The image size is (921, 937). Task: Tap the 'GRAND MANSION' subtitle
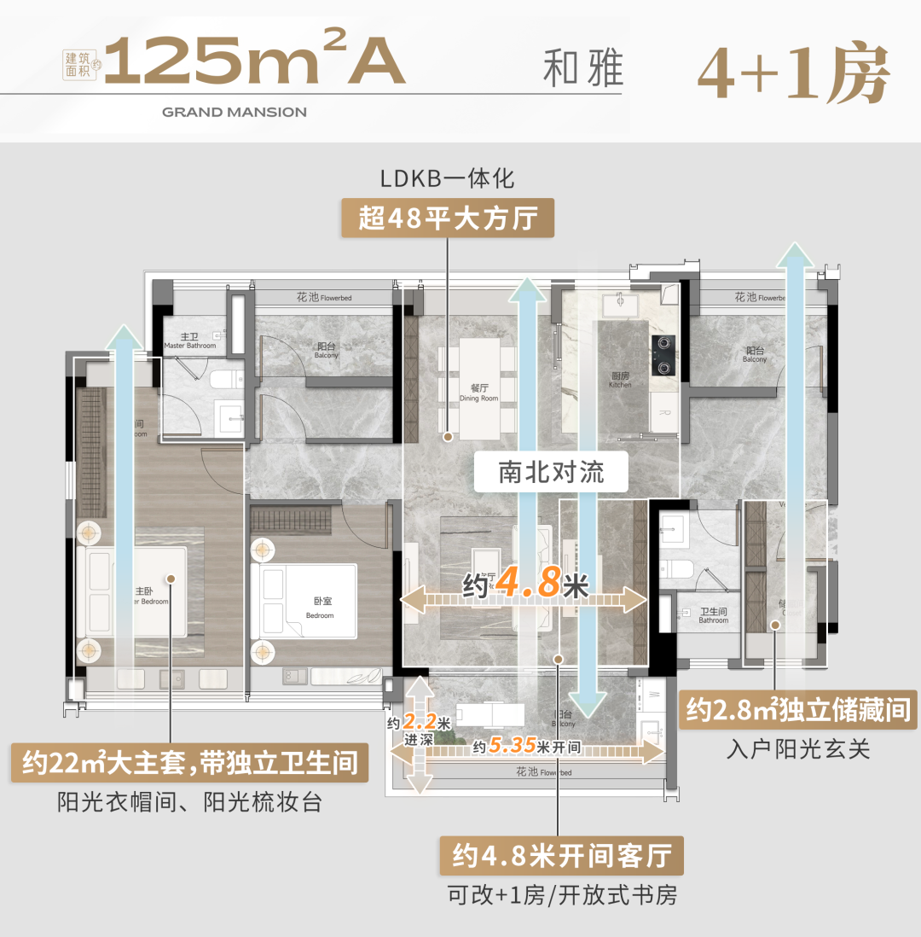point(234,112)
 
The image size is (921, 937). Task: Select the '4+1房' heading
point(794,73)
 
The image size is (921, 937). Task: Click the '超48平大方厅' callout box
point(448,218)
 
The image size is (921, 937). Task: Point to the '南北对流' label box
point(551,472)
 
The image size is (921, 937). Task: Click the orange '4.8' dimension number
point(528,584)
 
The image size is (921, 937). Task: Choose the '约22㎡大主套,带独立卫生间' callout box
point(189,762)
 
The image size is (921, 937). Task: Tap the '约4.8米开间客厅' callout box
point(561,855)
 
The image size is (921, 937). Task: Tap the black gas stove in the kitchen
point(663,355)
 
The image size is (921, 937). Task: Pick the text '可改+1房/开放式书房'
point(561,895)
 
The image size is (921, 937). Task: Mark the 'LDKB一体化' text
point(448,179)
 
